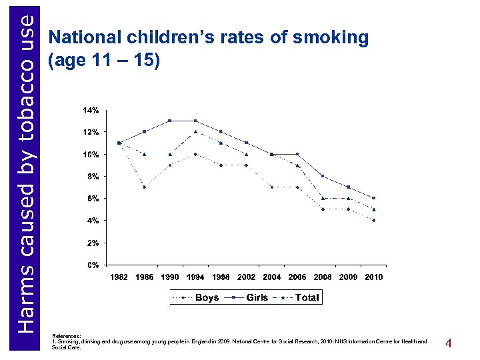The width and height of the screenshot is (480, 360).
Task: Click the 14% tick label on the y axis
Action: [x=91, y=110]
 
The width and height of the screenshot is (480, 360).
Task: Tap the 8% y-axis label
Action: [x=93, y=177]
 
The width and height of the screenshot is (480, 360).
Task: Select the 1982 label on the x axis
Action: [x=119, y=277]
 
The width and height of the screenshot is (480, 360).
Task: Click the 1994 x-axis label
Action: [x=195, y=277]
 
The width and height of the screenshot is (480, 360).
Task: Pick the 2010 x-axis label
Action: [x=374, y=277]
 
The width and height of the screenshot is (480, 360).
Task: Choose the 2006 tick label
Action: [x=297, y=277]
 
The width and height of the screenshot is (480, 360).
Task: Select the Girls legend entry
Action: [x=257, y=297]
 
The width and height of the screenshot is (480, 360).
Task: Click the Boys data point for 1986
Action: [x=145, y=187]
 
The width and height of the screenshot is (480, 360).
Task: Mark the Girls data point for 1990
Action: [x=170, y=121]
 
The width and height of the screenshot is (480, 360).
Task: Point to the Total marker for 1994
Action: [x=195, y=131]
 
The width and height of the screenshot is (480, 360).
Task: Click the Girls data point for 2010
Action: [x=374, y=198]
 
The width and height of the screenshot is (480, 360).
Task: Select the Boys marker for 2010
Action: [x=374, y=220]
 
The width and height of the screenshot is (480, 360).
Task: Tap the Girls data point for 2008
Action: [x=323, y=176]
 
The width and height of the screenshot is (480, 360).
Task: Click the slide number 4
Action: [x=449, y=344]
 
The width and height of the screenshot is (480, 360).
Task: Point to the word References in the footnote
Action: [x=66, y=336]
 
